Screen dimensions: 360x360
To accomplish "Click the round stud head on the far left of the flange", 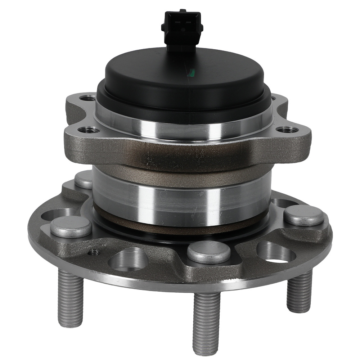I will pos(71,226).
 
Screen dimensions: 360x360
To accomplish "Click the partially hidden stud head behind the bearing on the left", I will pos(85,179).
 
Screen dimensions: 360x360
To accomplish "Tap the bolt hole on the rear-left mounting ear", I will pos(87,98).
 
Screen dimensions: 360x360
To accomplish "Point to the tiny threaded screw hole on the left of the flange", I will pos(95,252).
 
